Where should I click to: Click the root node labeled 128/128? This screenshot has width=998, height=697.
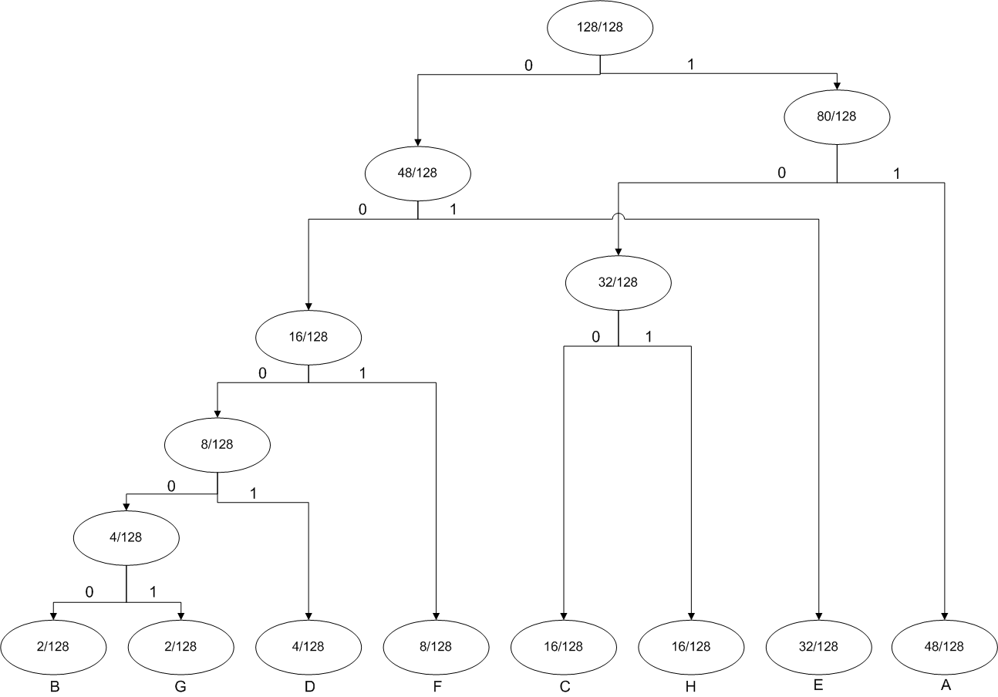[x=600, y=29]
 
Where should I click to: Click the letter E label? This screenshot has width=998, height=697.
[x=818, y=685]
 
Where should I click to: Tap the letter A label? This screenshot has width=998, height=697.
[x=946, y=685]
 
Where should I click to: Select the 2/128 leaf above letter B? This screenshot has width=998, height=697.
[x=53, y=646]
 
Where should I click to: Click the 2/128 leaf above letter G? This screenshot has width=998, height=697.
[x=180, y=646]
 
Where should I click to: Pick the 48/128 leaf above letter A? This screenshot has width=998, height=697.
[x=945, y=646]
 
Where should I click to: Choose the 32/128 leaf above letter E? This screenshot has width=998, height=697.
[x=818, y=646]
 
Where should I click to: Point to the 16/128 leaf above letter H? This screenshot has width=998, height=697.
[x=691, y=646]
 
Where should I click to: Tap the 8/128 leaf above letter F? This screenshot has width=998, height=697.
[x=437, y=646]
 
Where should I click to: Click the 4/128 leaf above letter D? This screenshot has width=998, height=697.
[x=309, y=646]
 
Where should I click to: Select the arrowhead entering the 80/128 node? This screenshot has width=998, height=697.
[x=837, y=86]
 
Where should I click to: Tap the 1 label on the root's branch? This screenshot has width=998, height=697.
[x=690, y=65]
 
